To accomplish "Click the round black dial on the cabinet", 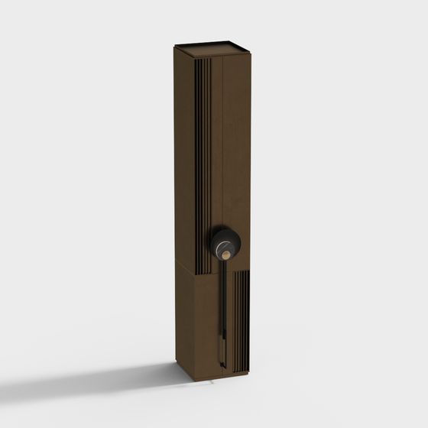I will pyautogui.click(x=225, y=243).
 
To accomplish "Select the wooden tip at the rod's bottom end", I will pyautogui.click(x=223, y=360).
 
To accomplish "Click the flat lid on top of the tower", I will pyautogui.click(x=212, y=47).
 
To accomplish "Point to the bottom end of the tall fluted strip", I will pyautogui.click(x=203, y=271).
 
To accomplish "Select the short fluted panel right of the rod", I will pyautogui.click(x=240, y=321).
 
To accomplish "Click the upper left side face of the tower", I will pyautogui.click(x=183, y=153).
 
